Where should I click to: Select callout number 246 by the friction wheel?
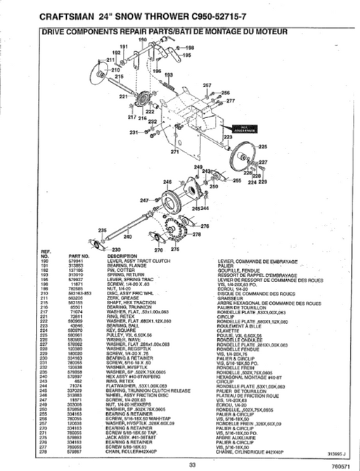[x=167, y=182]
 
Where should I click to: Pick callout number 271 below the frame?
[x=175, y=151]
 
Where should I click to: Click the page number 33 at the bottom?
[x=191, y=463]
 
